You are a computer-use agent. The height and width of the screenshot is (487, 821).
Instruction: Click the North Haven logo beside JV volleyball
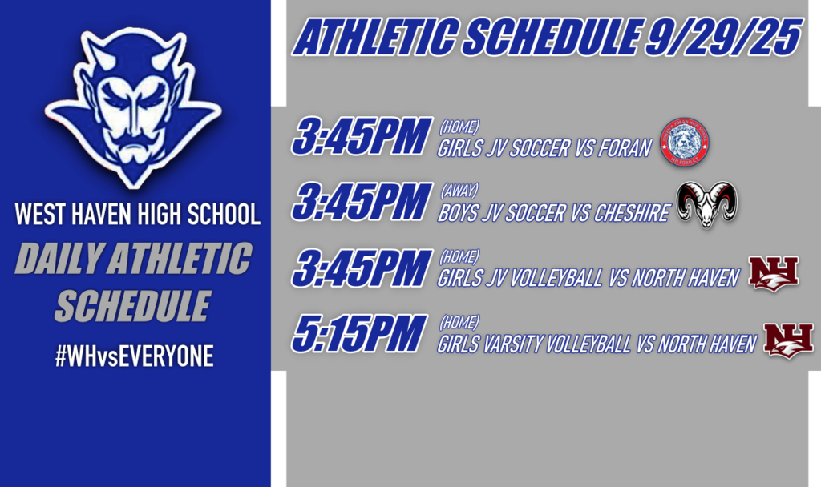click(773, 273)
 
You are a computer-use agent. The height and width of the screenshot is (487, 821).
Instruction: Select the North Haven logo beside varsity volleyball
click(788, 340)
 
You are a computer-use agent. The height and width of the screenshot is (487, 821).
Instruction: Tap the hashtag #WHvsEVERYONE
click(135, 357)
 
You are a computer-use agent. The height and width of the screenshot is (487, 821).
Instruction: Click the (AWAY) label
click(459, 191)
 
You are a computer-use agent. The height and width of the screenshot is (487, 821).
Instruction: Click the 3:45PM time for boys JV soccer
click(358, 202)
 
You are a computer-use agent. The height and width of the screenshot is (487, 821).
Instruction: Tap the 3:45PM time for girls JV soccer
click(358, 136)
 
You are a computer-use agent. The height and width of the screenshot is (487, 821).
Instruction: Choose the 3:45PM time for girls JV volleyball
click(358, 268)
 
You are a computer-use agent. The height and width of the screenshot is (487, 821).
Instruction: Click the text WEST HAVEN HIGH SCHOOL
click(137, 215)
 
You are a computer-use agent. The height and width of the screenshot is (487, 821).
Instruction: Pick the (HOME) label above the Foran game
click(459, 126)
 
